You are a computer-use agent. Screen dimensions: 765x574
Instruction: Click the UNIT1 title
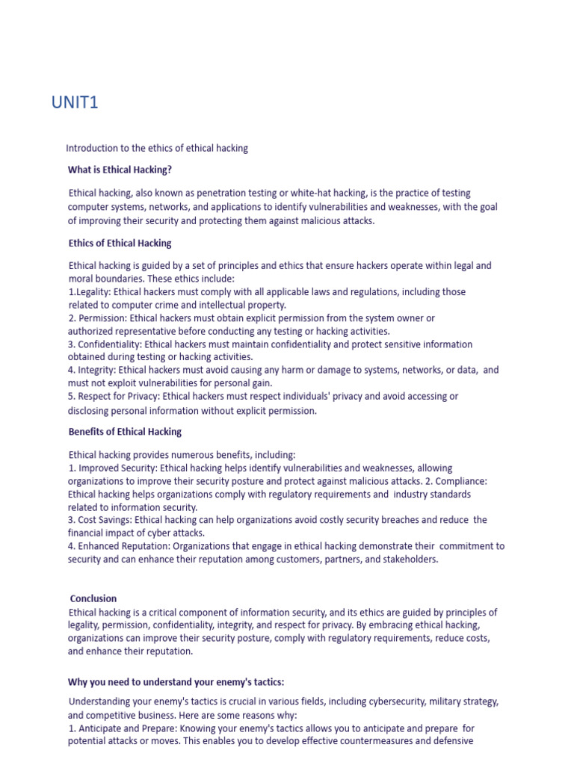pyautogui.click(x=75, y=103)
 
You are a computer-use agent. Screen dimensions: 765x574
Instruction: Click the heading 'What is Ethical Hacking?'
pyautogui.click(x=120, y=170)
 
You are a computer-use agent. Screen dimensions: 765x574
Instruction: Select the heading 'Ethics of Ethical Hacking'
pyautogui.click(x=120, y=243)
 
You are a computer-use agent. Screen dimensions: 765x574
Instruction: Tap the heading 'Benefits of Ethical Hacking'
pyautogui.click(x=125, y=432)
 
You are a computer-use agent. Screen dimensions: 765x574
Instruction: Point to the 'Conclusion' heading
pyautogui.click(x=93, y=598)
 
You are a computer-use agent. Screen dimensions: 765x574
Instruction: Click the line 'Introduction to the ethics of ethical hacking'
pyautogui.click(x=157, y=149)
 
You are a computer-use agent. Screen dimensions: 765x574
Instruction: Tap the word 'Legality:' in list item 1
pyautogui.click(x=94, y=292)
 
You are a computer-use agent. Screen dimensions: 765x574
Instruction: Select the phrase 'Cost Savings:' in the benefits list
pyautogui.click(x=105, y=520)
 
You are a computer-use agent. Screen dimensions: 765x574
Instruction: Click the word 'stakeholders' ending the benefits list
pyautogui.click(x=410, y=559)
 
